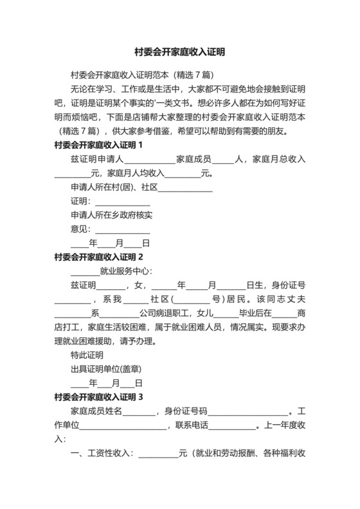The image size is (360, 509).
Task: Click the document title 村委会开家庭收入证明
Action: pyautogui.click(x=180, y=51)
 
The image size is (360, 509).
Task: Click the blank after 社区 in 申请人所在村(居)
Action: pyautogui.click(x=185, y=189)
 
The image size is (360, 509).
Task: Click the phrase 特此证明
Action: pyautogui.click(x=87, y=355)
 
